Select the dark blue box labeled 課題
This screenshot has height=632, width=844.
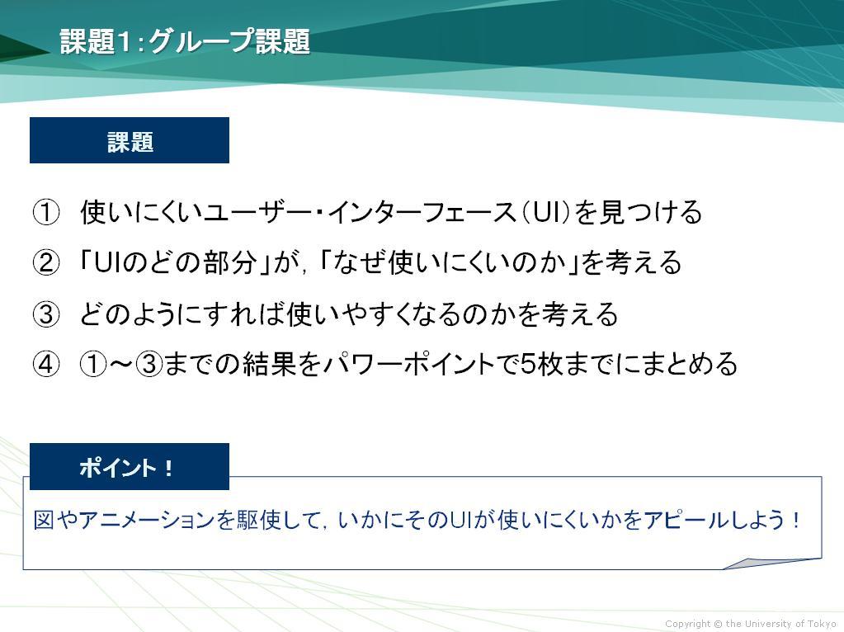coord(130,140)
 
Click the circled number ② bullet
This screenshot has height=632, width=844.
coord(46,262)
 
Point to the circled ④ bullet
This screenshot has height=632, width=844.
coord(46,364)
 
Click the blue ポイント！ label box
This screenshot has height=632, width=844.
coord(130,466)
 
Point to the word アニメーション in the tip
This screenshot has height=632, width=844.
coord(146,520)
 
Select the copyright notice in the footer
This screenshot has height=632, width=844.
coord(750,624)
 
